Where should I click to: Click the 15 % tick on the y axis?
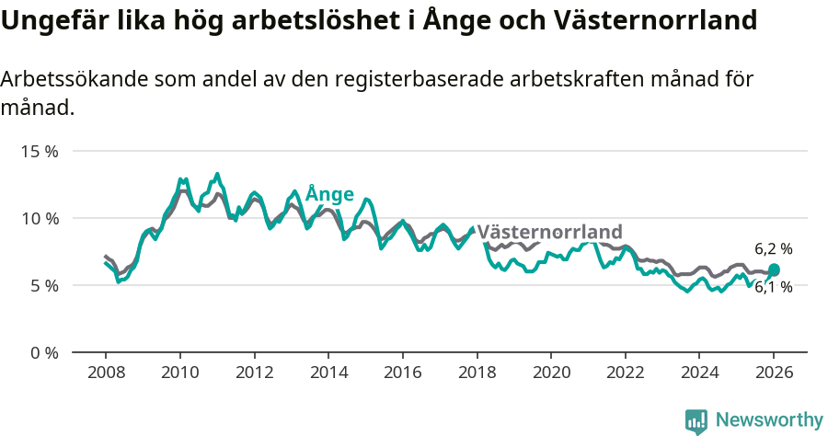39,151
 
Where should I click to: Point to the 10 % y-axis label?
39,218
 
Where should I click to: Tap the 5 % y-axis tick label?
42,285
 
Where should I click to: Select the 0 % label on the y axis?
42,352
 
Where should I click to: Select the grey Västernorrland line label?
549,232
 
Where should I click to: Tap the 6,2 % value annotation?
773,248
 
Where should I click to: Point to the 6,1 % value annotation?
773,287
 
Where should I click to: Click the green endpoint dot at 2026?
774,270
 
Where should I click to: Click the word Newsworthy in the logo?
769,419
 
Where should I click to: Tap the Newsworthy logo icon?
696,420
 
